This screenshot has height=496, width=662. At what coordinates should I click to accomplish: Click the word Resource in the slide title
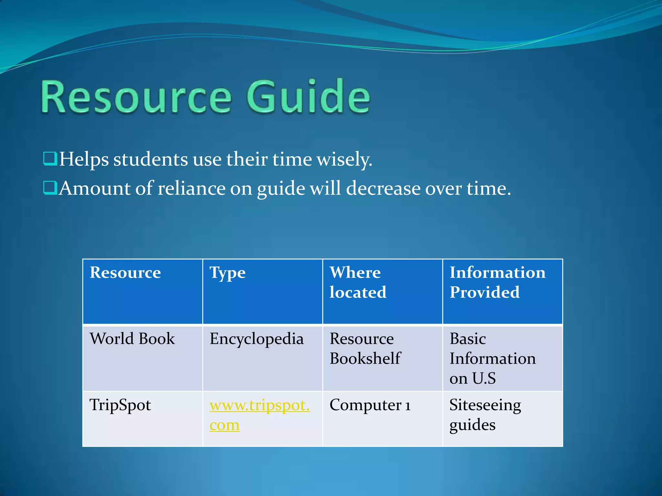point(136,97)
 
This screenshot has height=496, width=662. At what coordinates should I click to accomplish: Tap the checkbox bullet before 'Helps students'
point(50,159)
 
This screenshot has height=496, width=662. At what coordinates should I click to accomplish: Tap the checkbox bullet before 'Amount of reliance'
point(50,188)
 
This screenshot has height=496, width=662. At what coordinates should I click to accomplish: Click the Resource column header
point(125,273)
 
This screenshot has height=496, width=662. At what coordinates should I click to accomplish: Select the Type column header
point(228,273)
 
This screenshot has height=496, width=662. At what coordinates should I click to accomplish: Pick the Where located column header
point(358,282)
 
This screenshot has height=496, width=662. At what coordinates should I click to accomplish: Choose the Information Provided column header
point(497,282)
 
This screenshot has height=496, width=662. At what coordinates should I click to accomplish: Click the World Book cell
point(132,339)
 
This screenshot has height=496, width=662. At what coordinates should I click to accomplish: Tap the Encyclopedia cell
point(257,339)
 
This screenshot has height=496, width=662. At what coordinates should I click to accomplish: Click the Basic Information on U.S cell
point(492,358)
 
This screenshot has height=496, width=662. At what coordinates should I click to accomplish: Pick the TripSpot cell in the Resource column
point(120,405)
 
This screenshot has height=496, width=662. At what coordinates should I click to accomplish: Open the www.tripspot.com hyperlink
point(260,406)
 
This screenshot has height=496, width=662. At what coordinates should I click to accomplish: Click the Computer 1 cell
point(370,405)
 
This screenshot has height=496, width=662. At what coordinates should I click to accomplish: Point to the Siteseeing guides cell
point(485,415)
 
